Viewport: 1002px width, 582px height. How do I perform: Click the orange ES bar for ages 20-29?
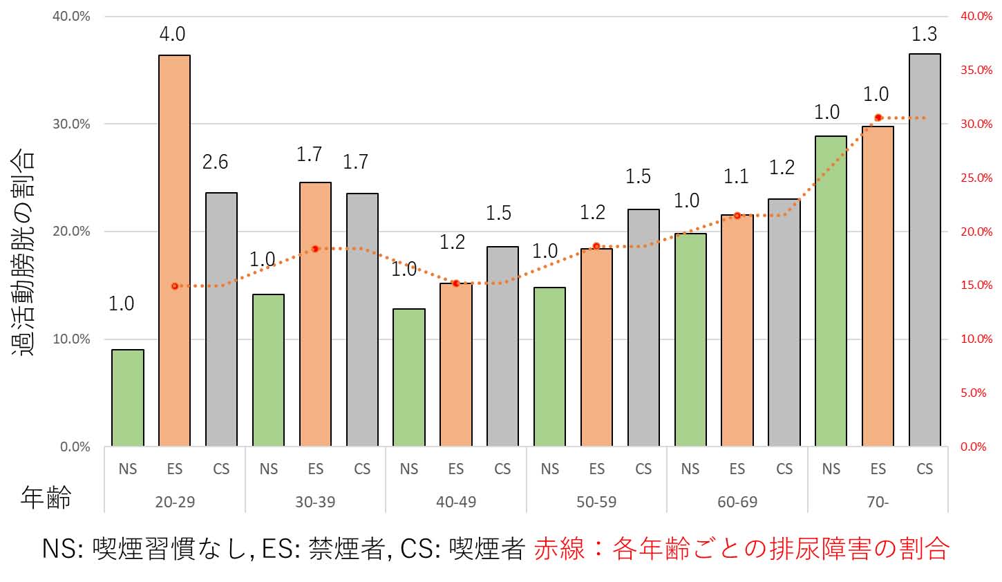pyautogui.click(x=174, y=250)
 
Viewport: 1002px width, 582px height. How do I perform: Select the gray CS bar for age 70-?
pyautogui.click(x=925, y=250)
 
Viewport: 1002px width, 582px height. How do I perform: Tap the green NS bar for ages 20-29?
pyautogui.click(x=128, y=397)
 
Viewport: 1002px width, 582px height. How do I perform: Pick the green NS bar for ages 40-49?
pyautogui.click(x=408, y=377)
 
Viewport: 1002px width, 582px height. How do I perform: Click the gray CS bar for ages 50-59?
pyautogui.click(x=643, y=327)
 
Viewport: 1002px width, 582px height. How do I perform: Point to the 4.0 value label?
pyautogui.click(x=172, y=34)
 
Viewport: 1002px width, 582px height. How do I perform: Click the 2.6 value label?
pyautogui.click(x=215, y=162)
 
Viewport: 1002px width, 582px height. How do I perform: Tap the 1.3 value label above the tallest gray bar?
pyautogui.click(x=924, y=34)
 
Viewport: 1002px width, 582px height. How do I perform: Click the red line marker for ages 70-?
pyautogui.click(x=878, y=118)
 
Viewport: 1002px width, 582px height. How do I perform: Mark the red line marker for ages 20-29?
pyautogui.click(x=175, y=286)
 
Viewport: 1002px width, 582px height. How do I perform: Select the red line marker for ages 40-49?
pyautogui.click(x=456, y=283)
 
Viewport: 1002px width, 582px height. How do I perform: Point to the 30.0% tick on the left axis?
pyautogui.click(x=72, y=124)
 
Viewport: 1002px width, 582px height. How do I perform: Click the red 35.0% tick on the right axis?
pyautogui.click(x=976, y=70)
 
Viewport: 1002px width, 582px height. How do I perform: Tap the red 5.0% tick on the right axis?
pyautogui.click(x=974, y=393)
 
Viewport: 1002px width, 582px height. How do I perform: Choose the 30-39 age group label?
pyautogui.click(x=315, y=502)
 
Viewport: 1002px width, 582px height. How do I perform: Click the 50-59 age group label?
pyautogui.click(x=596, y=502)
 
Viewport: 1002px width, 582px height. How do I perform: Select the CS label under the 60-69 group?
pyautogui.click(x=784, y=469)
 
